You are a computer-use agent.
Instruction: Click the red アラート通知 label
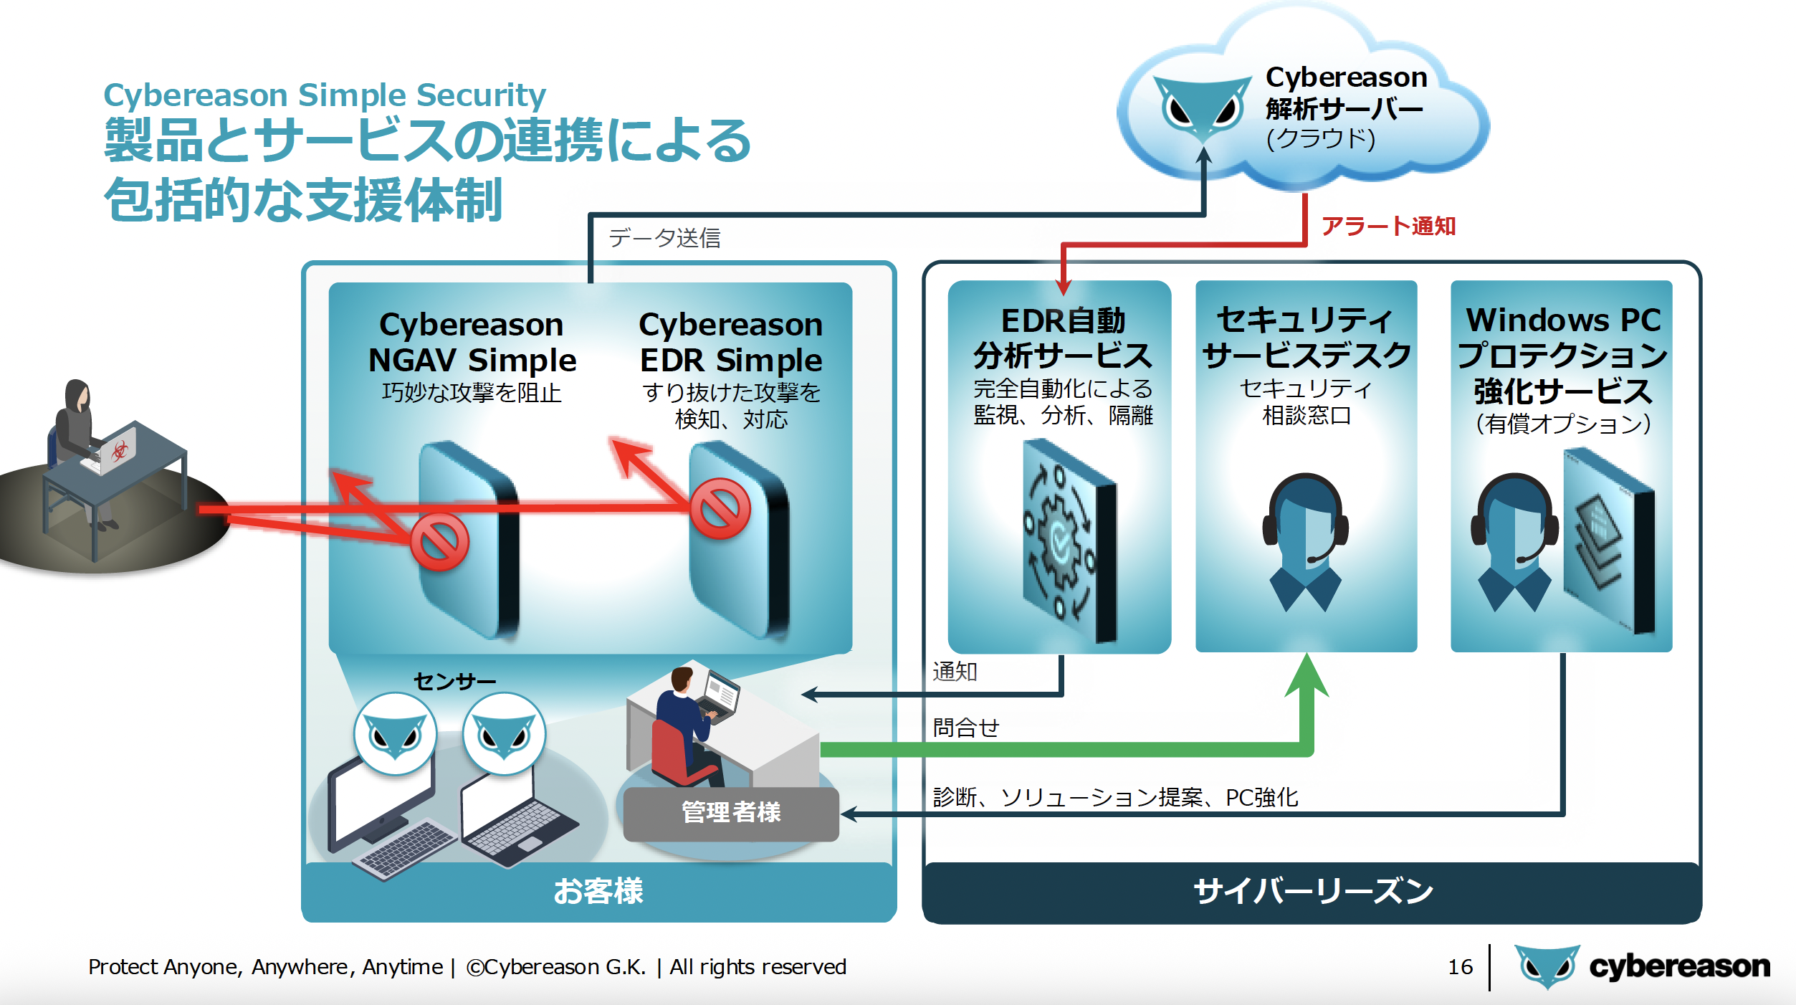pyautogui.click(x=1387, y=227)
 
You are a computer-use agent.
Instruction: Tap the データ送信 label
pyautogui.click(x=664, y=238)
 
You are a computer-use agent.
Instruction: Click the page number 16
pyautogui.click(x=1460, y=967)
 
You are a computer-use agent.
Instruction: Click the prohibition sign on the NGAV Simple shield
pyautogui.click(x=439, y=541)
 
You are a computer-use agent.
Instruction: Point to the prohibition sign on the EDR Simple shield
pyautogui.click(x=720, y=509)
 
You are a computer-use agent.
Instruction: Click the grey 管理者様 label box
pyautogui.click(x=730, y=813)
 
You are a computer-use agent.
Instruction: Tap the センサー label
pyautogui.click(x=454, y=681)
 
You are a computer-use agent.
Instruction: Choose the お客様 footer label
pyautogui.click(x=598, y=891)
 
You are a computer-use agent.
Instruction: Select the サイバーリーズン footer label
pyautogui.click(x=1313, y=892)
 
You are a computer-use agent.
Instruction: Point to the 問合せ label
pyautogui.click(x=965, y=728)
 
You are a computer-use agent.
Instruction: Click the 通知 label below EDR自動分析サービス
pyautogui.click(x=955, y=672)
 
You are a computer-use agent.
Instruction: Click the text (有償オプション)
pyautogui.click(x=1562, y=424)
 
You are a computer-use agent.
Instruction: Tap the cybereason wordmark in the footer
pyautogui.click(x=1678, y=967)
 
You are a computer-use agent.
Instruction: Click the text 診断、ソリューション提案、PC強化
pyautogui.click(x=1115, y=797)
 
